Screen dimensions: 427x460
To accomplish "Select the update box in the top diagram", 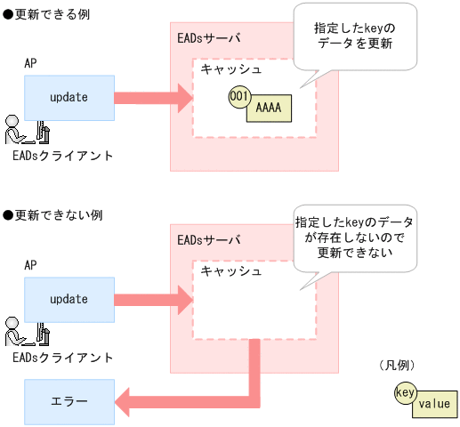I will (x=69, y=97).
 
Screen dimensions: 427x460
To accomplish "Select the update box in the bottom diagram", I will (x=69, y=299).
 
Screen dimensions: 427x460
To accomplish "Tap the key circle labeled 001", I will (x=238, y=96).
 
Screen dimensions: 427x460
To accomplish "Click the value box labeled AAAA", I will (x=270, y=108).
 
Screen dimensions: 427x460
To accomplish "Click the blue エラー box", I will (x=69, y=400).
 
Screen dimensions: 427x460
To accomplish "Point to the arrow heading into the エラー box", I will (x=178, y=400).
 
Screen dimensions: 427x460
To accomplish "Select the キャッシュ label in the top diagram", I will (x=230, y=69).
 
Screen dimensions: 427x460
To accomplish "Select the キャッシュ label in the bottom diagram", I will (x=230, y=270).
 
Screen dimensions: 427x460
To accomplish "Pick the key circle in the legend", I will (x=405, y=391).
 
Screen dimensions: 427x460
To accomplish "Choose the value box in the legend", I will (x=434, y=403).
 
